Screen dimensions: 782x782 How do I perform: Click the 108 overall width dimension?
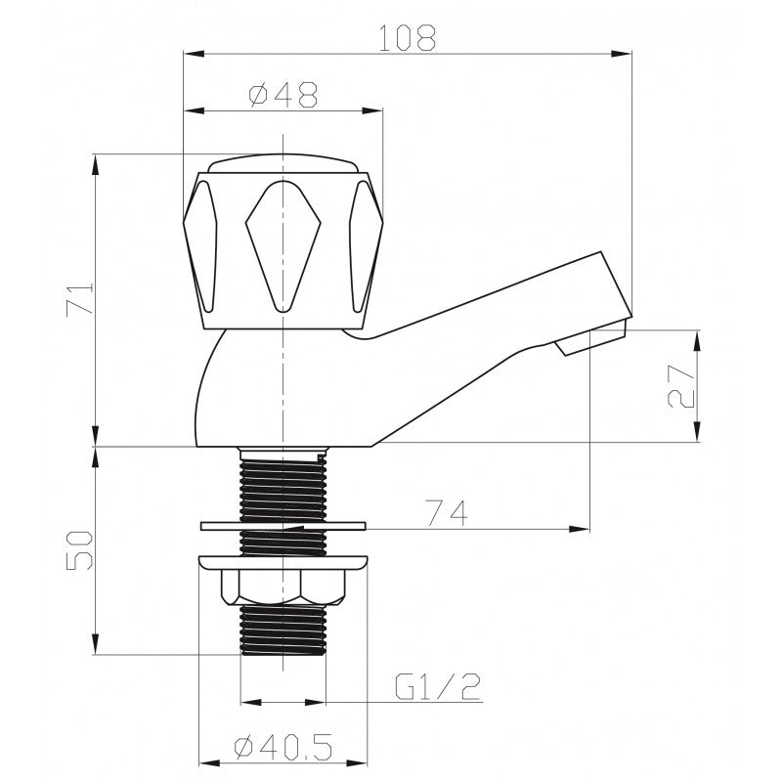pos(408,38)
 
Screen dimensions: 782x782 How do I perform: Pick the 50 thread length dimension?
pos(81,550)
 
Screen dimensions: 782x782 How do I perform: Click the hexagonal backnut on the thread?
pos(282,586)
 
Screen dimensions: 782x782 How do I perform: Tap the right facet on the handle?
pos(363,244)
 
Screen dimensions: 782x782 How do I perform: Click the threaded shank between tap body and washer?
pos(282,484)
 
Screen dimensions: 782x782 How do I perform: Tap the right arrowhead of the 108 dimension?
pos(626,55)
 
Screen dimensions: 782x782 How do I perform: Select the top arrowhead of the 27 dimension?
pos(697,338)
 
